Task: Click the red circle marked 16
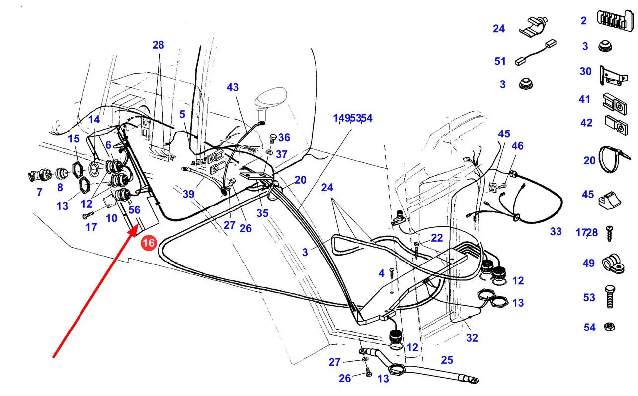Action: pos(149,243)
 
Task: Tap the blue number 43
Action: pos(233,87)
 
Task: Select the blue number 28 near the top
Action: pos(158,45)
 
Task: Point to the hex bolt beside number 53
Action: pos(610,297)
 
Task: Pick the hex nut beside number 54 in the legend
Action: pos(609,327)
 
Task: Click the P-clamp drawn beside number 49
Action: pos(613,264)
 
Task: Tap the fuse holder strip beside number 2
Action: pos(616,20)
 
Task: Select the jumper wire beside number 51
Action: pos(536,52)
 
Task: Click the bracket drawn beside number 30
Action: pos(614,75)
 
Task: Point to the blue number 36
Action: pos(284,137)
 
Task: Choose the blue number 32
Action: pos(472,338)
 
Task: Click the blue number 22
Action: pos(437,238)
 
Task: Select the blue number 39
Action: pos(188,194)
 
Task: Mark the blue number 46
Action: pos(517,146)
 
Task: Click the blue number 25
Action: pos(447,360)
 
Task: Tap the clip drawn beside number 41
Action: pos(614,104)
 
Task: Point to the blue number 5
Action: pos(182,114)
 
